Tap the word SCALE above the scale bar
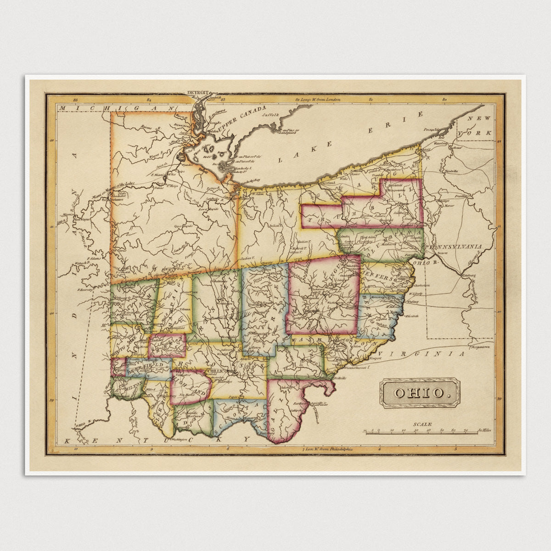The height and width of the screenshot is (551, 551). click(422, 425)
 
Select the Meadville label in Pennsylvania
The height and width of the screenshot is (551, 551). click(452, 171)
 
